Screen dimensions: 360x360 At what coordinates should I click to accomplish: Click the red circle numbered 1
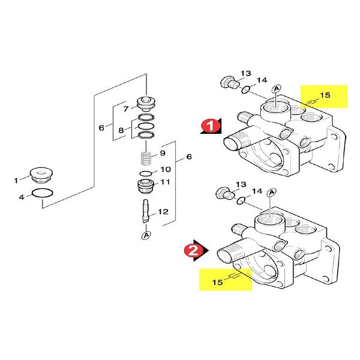(x=211, y=126)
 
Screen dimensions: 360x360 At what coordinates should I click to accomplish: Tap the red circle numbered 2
(x=193, y=250)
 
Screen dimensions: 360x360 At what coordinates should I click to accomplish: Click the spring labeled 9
(x=146, y=158)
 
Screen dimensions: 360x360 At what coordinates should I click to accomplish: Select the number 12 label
(x=163, y=211)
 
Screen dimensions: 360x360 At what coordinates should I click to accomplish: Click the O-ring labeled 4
(x=42, y=193)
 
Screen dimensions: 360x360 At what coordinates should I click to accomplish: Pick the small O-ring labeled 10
(x=146, y=173)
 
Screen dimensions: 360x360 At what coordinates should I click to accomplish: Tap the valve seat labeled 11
(x=146, y=186)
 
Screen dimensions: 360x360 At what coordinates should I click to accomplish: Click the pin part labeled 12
(x=146, y=211)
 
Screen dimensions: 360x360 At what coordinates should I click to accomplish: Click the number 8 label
(x=121, y=130)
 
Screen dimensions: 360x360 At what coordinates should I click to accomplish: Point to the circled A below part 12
(x=146, y=235)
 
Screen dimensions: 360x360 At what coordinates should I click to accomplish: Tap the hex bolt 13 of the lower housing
(x=224, y=193)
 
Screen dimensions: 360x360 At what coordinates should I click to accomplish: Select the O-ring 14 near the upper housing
(x=245, y=89)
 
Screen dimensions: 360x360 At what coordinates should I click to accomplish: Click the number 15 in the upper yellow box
(x=325, y=95)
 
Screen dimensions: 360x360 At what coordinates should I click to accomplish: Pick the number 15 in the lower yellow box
(x=217, y=282)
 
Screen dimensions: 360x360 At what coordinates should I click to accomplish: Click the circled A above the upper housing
(x=277, y=88)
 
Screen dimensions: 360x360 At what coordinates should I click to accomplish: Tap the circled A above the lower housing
(x=272, y=192)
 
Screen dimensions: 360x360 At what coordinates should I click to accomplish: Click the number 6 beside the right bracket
(x=189, y=157)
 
